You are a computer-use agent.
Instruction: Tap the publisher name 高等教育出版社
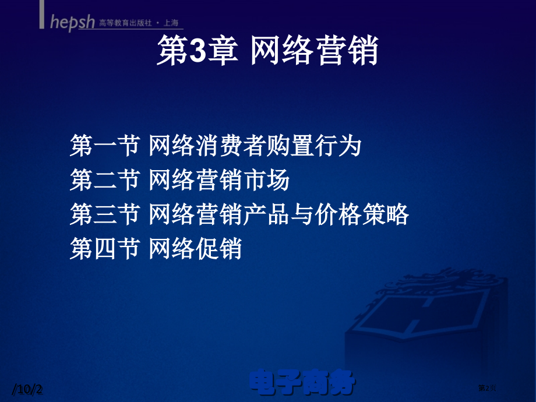(x=124, y=23)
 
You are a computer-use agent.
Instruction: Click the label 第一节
(x=104, y=146)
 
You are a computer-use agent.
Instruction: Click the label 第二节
(x=104, y=181)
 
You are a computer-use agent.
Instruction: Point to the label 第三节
(x=104, y=215)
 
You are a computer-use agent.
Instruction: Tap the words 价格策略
(x=362, y=215)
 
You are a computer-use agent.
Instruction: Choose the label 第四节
(x=104, y=249)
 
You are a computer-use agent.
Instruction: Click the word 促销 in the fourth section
(x=218, y=249)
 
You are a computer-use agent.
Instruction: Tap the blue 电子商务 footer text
(x=302, y=383)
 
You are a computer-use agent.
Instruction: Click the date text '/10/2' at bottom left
(x=29, y=389)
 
